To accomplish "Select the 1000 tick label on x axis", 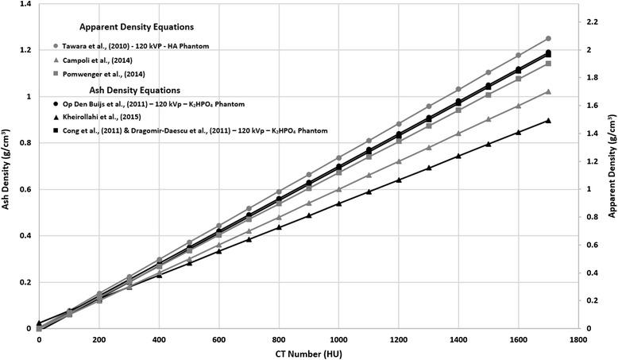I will pyautogui.click(x=338, y=339).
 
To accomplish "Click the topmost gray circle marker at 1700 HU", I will pyautogui.click(x=547, y=38).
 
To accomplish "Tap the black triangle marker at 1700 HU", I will pyautogui.click(x=547, y=121).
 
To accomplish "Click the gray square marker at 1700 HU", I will pyautogui.click(x=547, y=64).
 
